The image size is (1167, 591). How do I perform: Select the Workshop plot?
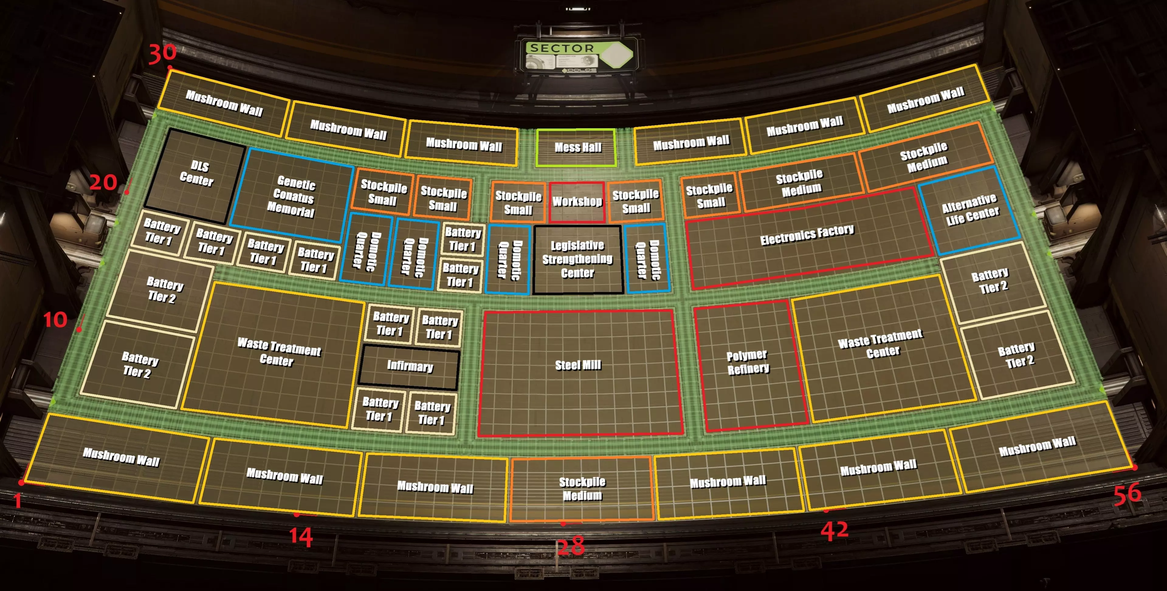pos(577,201)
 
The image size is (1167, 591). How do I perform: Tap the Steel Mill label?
pos(578,365)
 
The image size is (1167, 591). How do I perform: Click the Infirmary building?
pos(410,366)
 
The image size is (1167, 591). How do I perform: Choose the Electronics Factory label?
pos(807,235)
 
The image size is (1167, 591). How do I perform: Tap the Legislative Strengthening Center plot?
pos(578,259)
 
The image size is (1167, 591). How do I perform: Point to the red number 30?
pos(162,53)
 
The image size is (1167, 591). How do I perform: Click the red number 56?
pos(1127,494)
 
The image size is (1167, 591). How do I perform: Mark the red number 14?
pos(301,537)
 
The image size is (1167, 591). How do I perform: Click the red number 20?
pos(103,183)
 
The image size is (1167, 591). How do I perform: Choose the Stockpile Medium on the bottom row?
pos(582,489)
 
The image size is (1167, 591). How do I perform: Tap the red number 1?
pos(17,501)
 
